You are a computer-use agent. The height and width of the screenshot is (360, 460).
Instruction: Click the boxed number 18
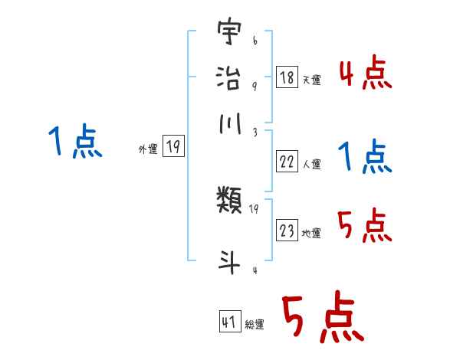[287, 77]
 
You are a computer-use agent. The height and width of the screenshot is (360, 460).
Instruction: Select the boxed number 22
[287, 161]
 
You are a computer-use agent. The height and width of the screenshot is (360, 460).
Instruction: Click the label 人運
[312, 163]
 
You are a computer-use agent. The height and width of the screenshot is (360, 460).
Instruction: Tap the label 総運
[255, 324]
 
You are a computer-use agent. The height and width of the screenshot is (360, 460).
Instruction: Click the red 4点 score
[366, 74]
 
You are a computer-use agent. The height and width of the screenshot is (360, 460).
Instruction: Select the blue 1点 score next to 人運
[365, 157]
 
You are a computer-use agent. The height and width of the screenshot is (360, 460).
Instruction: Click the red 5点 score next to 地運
[365, 226]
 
